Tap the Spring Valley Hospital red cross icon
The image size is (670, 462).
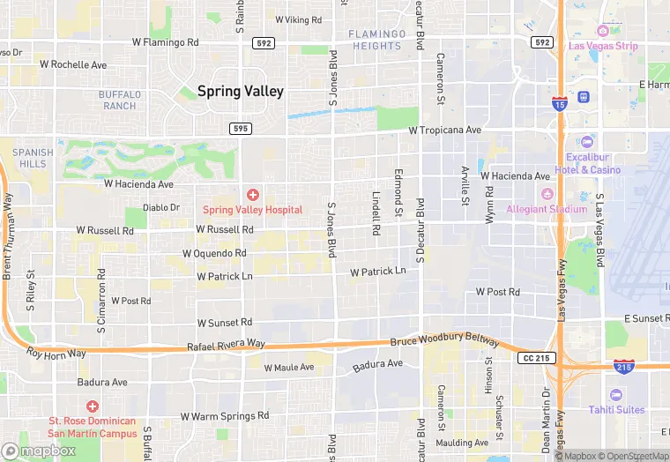click(252, 194)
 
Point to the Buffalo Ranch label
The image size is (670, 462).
click(119, 100)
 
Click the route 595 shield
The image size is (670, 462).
click(240, 128)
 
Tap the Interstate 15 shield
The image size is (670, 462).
click(558, 79)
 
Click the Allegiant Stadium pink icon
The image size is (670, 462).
click(546, 194)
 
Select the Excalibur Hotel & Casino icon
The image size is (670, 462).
click(587, 142)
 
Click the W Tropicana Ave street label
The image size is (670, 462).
click(445, 130)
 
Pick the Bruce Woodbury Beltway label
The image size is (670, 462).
click(444, 341)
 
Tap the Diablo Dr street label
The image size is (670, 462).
click(160, 208)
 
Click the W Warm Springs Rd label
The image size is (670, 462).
click(224, 415)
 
